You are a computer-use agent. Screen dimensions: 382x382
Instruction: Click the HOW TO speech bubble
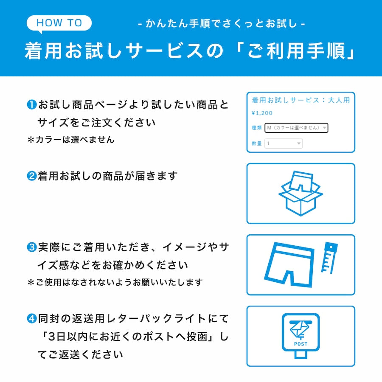pos(59,23)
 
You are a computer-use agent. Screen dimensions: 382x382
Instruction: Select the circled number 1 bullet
pos(32,104)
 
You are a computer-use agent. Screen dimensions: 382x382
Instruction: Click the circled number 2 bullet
pos(32,176)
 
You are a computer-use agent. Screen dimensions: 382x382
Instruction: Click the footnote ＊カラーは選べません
pos(71,140)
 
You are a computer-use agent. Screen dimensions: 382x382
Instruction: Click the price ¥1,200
pos(262,113)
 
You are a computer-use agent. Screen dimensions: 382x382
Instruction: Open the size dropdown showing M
pos(296,128)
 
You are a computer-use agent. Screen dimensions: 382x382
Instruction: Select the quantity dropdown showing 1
pos(284,143)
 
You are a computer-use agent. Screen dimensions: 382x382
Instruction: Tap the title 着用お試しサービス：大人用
pos(301,101)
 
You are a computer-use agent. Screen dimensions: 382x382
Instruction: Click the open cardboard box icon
pos(301,194)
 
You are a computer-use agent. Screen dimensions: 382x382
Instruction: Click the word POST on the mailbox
pos(301,344)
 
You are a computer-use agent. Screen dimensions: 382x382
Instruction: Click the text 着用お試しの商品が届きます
pos(107,176)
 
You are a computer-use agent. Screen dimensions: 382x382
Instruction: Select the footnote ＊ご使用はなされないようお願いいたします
pos(115,282)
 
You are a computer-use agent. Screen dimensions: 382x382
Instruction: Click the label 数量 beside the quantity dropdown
pos(256,143)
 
